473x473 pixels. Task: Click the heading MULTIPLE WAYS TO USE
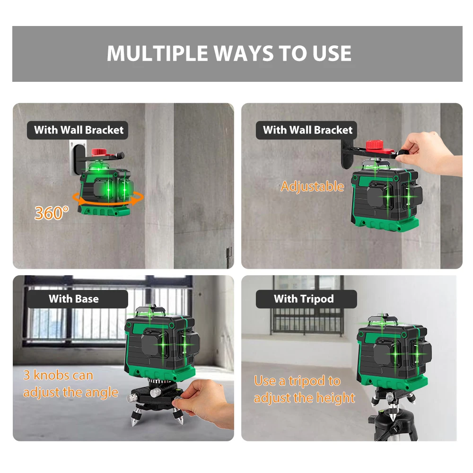tap(229, 53)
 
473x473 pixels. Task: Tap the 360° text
tap(52, 213)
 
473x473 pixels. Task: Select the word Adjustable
tap(312, 186)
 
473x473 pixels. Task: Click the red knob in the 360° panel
tap(98, 151)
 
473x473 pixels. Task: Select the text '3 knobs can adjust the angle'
tap(70, 384)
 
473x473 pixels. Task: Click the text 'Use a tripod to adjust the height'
tap(304, 389)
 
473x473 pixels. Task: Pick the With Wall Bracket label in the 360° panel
tap(78, 130)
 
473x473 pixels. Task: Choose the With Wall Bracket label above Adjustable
tap(306, 130)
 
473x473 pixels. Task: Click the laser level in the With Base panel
tap(162, 342)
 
